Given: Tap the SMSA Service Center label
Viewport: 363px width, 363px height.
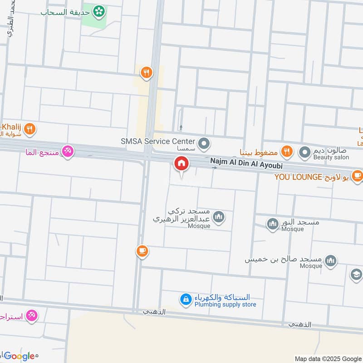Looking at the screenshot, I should click(157, 142).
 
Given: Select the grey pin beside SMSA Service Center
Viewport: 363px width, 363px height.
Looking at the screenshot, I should click(205, 144).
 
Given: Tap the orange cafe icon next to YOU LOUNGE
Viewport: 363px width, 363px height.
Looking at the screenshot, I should click(358, 175).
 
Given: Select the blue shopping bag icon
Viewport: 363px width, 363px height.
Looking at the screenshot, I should click(185, 299).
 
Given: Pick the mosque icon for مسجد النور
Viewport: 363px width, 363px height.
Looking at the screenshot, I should click(272, 224).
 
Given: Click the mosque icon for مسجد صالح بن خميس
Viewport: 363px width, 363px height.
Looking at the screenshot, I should click(331, 260).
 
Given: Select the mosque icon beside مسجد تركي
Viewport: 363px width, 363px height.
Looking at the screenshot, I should click(219, 217).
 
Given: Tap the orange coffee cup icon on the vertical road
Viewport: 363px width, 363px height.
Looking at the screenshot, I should click(142, 250).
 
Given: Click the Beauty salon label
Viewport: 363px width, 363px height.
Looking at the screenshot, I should click(331, 157).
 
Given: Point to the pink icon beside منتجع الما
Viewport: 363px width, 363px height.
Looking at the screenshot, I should click(68, 151).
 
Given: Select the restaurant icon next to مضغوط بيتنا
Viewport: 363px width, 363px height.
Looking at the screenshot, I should click(286, 151).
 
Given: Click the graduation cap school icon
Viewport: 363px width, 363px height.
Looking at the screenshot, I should click(356, 275).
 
